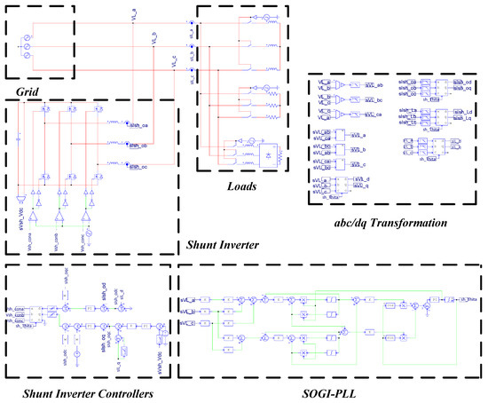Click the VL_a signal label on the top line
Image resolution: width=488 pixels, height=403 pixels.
click(133, 14)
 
